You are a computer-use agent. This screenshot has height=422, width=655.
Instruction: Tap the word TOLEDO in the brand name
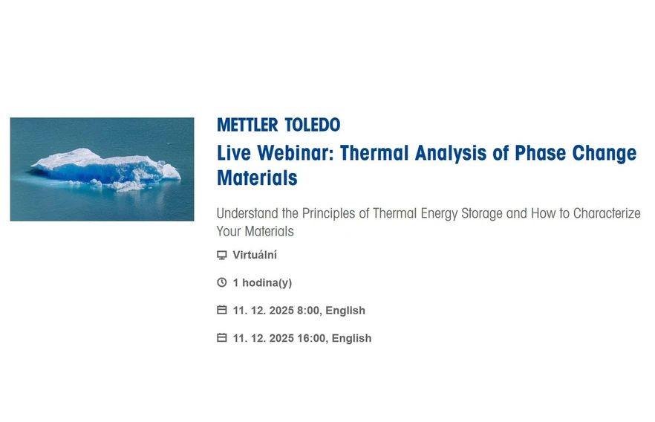pyautogui.click(x=312, y=125)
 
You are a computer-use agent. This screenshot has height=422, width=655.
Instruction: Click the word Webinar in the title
pyautogui.click(x=296, y=154)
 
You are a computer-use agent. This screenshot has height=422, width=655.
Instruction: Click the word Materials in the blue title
pyautogui.click(x=257, y=178)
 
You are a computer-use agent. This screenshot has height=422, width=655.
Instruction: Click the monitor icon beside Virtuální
pyautogui.click(x=221, y=255)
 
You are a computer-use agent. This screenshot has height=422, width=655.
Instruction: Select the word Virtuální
pyautogui.click(x=255, y=255)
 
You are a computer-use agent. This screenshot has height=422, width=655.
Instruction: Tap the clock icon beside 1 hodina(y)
pyautogui.click(x=221, y=282)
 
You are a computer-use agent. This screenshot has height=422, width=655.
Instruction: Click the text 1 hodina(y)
pyautogui.click(x=262, y=282)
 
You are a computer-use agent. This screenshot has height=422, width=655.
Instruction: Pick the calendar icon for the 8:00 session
pyautogui.click(x=221, y=310)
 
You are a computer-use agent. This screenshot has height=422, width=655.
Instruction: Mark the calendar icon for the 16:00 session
pyautogui.click(x=221, y=337)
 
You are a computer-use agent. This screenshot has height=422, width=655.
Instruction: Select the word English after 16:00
pyautogui.click(x=351, y=338)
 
